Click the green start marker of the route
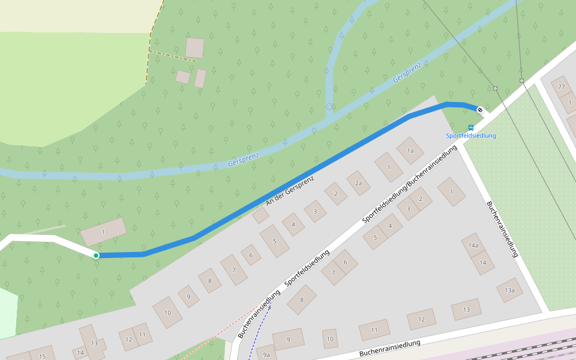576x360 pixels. tap(96, 256)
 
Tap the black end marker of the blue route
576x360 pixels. tap(479, 110)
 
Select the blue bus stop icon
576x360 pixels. tap(471, 128)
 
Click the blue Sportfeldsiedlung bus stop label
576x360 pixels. tap(471, 136)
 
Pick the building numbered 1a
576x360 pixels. tap(410, 151)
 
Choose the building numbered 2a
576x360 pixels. tap(358, 183)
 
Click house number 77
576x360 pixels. tap(562, 87)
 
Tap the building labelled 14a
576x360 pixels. tap(473, 245)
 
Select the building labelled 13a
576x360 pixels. tap(509, 290)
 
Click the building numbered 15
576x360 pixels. tap(42, 355)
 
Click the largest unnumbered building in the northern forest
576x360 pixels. tap(194, 47)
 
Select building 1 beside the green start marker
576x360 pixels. tap(103, 232)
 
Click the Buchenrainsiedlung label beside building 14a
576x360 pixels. tap(502, 229)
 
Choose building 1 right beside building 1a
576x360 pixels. tap(389, 166)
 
